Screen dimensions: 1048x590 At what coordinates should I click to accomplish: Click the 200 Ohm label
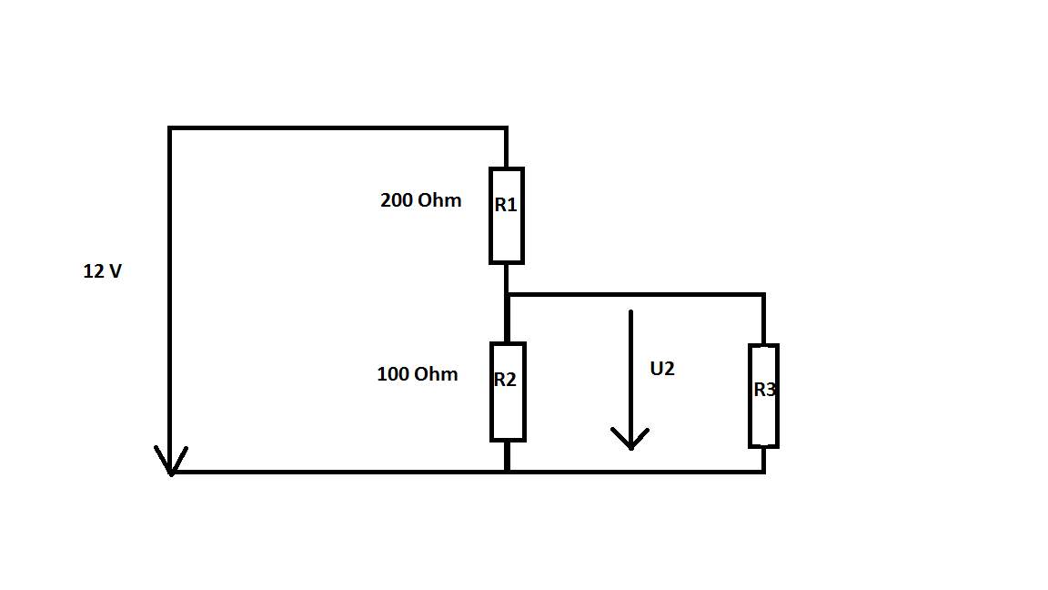pos(420,200)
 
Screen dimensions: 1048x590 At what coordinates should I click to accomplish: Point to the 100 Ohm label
pos(417,374)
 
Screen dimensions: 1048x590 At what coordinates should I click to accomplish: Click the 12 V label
pos(102,271)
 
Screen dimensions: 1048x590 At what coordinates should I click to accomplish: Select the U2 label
pos(661,369)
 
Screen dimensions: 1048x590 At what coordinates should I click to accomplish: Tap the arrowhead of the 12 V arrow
pos(171,474)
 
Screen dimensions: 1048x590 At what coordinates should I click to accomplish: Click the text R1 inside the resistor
pos(506,205)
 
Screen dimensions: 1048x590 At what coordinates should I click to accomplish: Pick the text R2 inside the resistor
pos(505,380)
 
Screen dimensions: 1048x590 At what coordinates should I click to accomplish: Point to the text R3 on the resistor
pos(764,390)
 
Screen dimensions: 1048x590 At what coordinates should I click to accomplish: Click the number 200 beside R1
pos(394,200)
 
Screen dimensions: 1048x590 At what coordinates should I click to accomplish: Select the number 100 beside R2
pos(391,374)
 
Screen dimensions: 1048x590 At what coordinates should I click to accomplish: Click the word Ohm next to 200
pos(438,200)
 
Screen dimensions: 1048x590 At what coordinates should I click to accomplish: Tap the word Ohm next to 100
pos(436,374)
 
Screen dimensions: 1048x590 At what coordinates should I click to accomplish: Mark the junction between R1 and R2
pos(508,294)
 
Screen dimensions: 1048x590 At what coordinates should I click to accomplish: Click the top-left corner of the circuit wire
pos(170,127)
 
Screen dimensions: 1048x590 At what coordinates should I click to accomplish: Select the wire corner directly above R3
pos(764,294)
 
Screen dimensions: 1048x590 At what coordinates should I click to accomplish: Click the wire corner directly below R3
pos(764,472)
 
